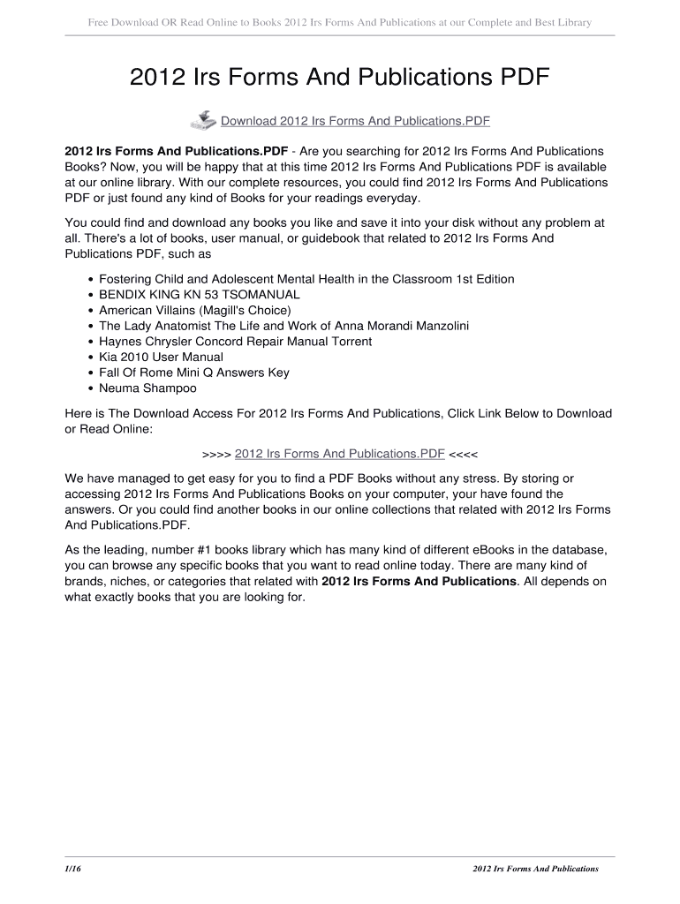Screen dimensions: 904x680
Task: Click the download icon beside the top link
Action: tap(203, 120)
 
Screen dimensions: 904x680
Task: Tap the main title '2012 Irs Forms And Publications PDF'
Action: tap(340, 79)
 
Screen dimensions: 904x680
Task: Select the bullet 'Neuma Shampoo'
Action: tap(147, 388)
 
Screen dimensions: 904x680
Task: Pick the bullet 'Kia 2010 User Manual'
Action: tap(161, 357)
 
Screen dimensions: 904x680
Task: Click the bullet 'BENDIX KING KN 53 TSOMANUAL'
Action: tap(200, 295)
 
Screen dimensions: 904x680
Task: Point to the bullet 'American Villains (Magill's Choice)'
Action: tap(194, 310)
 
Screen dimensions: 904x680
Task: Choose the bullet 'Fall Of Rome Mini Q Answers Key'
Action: tap(194, 373)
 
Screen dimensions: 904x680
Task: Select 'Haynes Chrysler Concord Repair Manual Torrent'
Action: tap(235, 342)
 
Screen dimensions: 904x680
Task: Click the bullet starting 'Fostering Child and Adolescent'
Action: tap(306, 279)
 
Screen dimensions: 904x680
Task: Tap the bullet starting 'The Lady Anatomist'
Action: tap(283, 326)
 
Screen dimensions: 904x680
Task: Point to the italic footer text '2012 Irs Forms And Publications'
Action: tap(536, 869)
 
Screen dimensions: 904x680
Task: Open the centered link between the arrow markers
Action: tap(339, 454)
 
